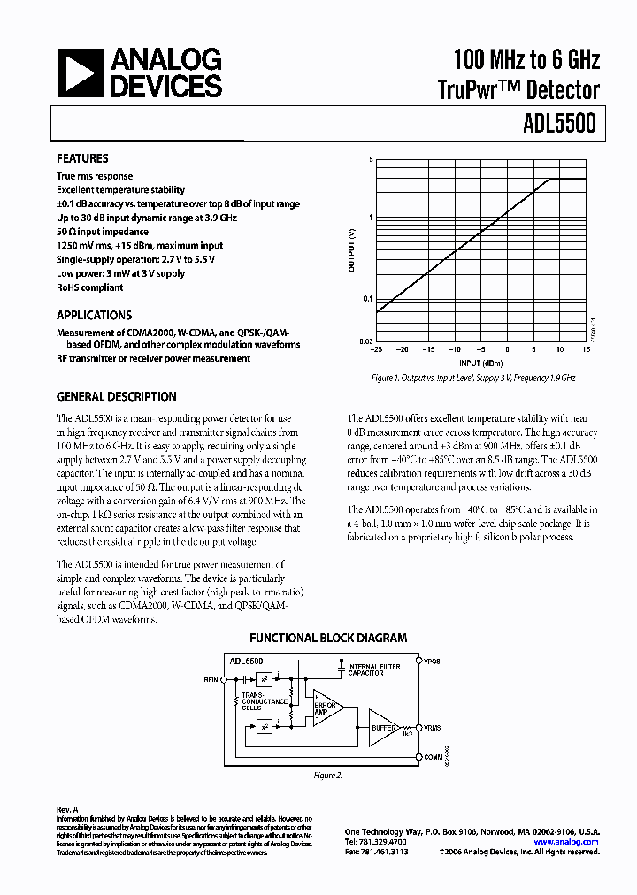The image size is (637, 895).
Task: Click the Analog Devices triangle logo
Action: click(x=80, y=73)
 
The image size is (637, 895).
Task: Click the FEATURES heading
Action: click(x=82, y=159)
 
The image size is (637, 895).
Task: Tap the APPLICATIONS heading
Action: click(x=94, y=315)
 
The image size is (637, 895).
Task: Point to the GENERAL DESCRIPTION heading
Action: click(x=116, y=397)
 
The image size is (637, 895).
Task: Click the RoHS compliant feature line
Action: click(x=89, y=287)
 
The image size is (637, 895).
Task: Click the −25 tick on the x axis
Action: click(x=377, y=349)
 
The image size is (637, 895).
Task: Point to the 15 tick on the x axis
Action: click(x=587, y=349)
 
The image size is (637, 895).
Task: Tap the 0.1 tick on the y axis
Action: click(x=367, y=299)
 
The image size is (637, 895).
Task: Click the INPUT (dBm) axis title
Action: click(x=480, y=363)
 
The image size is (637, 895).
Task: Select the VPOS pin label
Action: click(x=433, y=661)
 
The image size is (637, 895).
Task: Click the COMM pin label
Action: click(x=434, y=756)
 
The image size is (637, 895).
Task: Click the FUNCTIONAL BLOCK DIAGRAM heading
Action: click(x=327, y=638)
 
